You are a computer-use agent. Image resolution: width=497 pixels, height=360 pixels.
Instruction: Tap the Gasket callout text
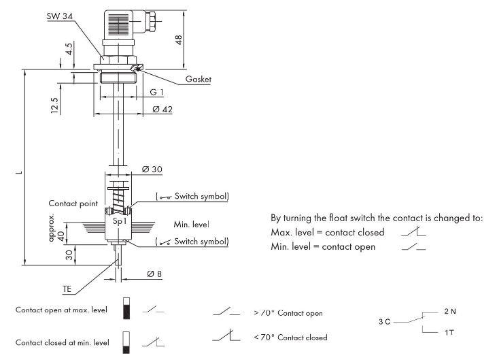click(198, 80)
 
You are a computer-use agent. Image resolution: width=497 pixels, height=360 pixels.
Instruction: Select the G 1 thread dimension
click(157, 92)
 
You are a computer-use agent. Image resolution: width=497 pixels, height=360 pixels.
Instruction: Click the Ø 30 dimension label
click(152, 169)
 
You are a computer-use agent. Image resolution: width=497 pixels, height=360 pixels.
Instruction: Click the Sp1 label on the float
click(118, 222)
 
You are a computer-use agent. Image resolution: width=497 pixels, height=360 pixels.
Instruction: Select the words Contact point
click(72, 203)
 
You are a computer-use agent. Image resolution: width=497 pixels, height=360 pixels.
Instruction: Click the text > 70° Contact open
click(287, 313)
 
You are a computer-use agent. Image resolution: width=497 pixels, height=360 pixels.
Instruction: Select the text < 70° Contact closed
click(290, 337)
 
